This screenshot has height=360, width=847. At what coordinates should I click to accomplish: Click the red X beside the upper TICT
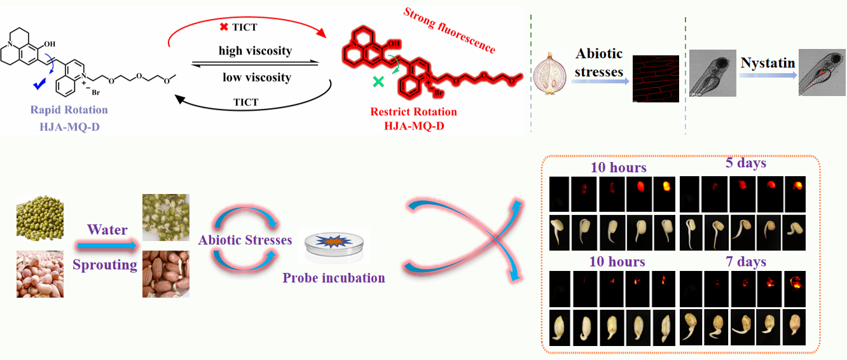(x=224, y=27)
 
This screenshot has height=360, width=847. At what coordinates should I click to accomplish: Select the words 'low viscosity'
(x=256, y=78)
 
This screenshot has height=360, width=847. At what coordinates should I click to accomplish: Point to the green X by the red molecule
(x=378, y=81)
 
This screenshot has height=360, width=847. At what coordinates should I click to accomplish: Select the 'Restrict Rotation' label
(x=413, y=112)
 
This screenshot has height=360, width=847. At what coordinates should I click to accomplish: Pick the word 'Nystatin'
(x=768, y=63)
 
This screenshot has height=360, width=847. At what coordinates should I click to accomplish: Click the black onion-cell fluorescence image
(x=656, y=79)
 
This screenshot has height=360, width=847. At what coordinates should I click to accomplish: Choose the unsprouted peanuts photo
(x=40, y=274)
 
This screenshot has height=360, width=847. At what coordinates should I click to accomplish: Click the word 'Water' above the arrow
(x=107, y=230)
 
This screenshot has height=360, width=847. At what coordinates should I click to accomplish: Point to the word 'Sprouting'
(x=105, y=265)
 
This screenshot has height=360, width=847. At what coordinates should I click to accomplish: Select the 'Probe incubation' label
(x=334, y=278)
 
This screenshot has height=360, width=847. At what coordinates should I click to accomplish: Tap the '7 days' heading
(x=745, y=262)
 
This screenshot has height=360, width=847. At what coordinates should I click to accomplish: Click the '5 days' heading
(x=746, y=163)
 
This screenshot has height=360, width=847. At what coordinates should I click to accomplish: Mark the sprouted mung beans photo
(x=165, y=218)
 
